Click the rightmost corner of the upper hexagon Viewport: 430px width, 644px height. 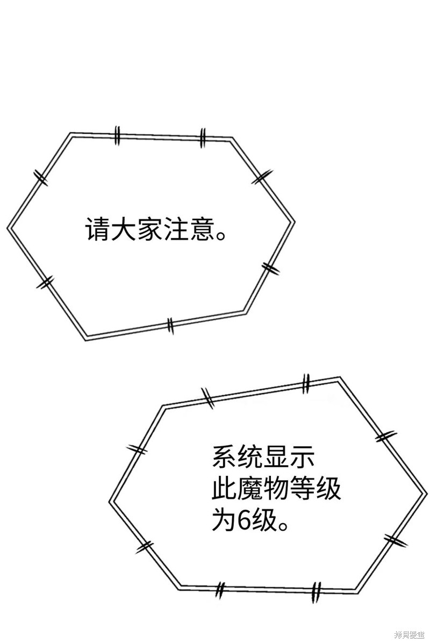click(295, 222)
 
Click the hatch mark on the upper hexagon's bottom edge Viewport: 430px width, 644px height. click(170, 325)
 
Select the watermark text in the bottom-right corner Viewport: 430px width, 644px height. click(409, 635)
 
